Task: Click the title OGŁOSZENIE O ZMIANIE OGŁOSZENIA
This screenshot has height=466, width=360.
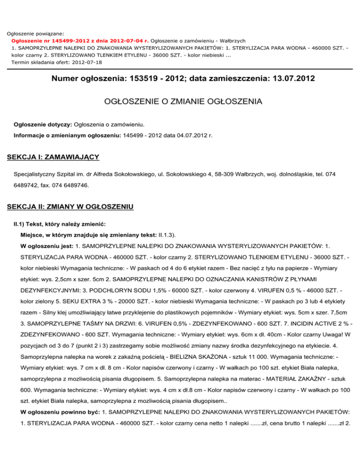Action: tap(180, 101)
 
